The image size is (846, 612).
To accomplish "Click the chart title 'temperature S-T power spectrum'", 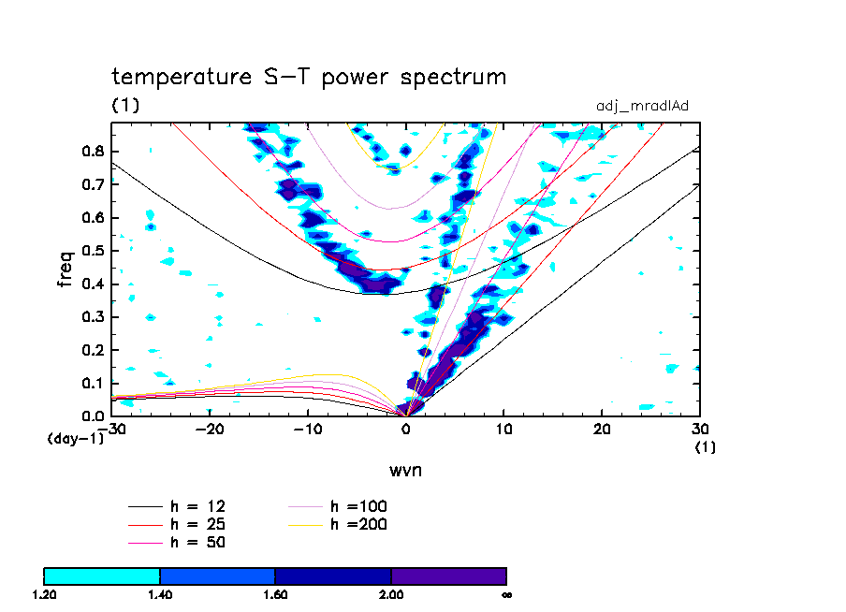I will coord(309,77).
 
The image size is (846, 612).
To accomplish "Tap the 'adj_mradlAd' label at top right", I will coord(642,106).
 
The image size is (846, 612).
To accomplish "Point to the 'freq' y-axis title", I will coord(66,265).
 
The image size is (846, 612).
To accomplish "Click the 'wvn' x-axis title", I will coord(405,470).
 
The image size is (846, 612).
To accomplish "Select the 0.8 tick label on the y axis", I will coord(93,152).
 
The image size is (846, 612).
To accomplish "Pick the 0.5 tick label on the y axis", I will coord(93,251).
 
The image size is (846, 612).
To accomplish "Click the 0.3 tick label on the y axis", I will coord(93,317).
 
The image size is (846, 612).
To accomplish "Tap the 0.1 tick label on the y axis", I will coord(93,384).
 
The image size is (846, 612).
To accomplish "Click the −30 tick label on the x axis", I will coord(113,429).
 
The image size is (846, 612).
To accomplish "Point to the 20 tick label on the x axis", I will coord(602,429).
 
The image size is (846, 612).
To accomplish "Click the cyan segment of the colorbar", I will coord(102,576).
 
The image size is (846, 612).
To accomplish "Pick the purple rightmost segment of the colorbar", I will coord(448,576).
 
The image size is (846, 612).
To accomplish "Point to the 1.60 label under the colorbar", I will coord(275,594).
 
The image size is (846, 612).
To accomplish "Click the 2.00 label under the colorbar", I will coord(391,594).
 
